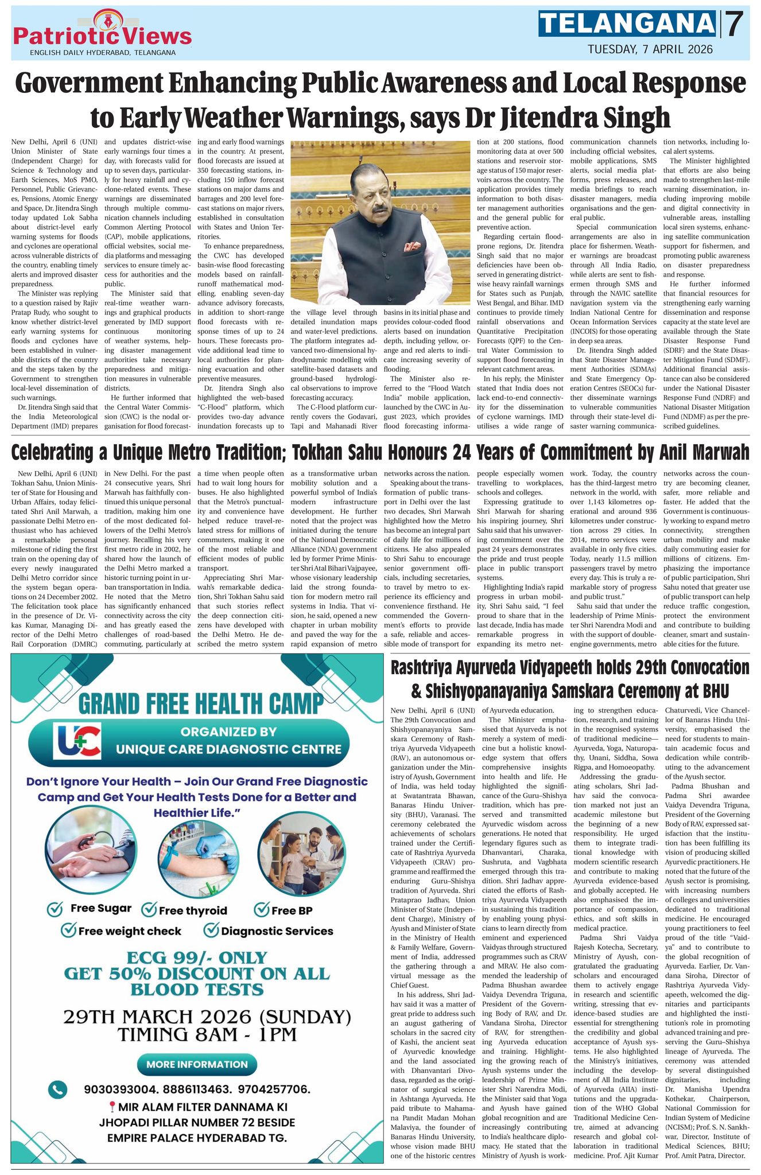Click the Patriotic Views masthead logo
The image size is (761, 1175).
pos(102,33)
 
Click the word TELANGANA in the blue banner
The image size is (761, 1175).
pos(628,24)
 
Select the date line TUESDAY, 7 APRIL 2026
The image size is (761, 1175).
pos(650,49)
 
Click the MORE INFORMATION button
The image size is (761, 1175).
pos(196,1064)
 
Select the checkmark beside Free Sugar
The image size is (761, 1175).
pos(55,909)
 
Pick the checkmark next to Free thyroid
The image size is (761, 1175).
pos(149,909)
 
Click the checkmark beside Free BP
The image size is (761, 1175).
pos(262,909)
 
